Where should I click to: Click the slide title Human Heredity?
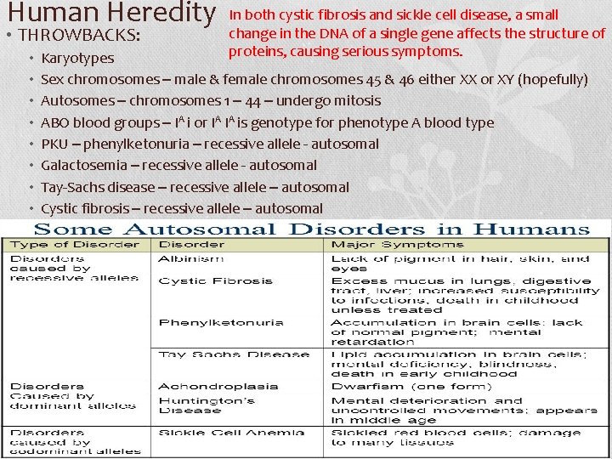110,14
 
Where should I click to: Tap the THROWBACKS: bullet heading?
76,37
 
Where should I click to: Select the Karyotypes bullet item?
77,59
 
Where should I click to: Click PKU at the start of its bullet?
54,144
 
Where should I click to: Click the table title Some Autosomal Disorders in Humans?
311,229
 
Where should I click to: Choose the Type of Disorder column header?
75,245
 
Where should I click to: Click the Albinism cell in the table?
191,258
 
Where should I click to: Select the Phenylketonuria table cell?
209,322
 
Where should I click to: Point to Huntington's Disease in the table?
201,405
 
